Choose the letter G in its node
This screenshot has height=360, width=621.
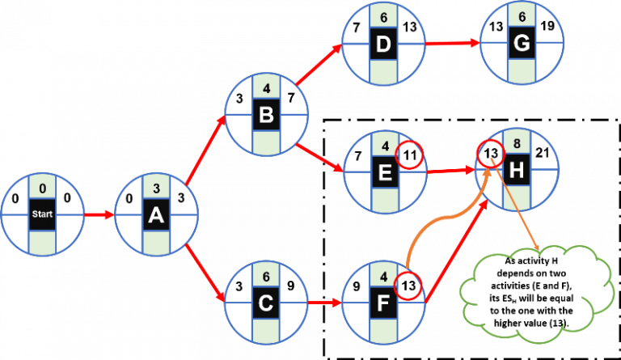(x=520, y=43)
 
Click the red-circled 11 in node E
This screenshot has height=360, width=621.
(x=409, y=153)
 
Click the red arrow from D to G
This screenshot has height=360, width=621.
(x=451, y=44)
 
